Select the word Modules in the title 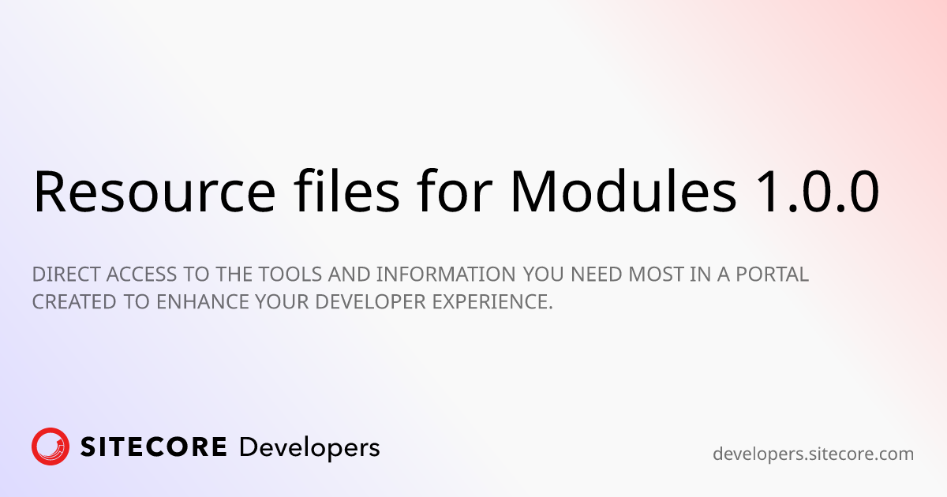623,190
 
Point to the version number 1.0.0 818,192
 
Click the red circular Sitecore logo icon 51,447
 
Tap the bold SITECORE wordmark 153,447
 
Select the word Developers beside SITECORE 309,448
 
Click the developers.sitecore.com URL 813,454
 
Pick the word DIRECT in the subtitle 66,275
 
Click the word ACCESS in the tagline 141,275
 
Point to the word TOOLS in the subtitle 290,275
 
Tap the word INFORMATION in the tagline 446,275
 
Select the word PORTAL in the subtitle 773,275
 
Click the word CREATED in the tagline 74,302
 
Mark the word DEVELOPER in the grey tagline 370,302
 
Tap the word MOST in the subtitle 656,275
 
